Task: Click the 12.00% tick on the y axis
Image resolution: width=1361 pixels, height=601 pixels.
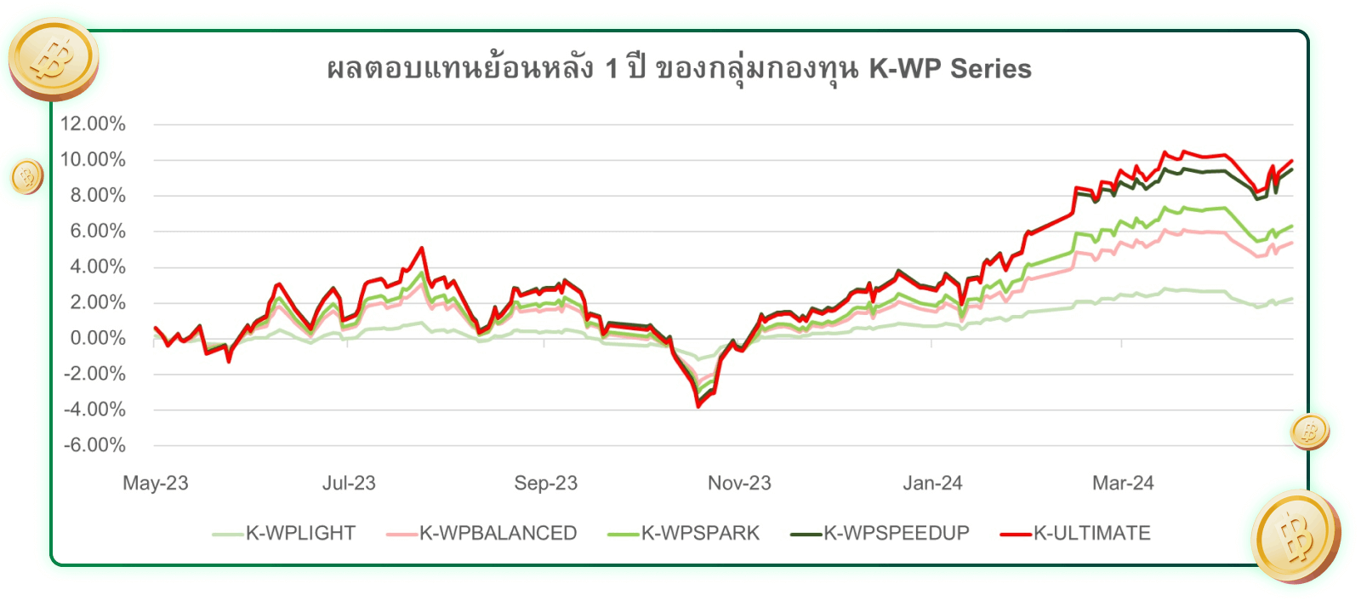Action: tap(93, 124)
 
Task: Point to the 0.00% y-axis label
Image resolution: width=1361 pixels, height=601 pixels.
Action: tap(98, 339)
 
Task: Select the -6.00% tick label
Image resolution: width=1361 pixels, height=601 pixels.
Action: tap(94, 445)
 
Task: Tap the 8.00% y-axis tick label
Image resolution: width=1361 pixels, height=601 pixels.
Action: tap(98, 196)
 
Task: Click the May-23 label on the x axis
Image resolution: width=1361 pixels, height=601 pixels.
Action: tap(156, 484)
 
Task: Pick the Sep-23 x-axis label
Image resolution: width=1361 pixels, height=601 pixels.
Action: tap(545, 484)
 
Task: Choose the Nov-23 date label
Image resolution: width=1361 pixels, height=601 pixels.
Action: tap(739, 484)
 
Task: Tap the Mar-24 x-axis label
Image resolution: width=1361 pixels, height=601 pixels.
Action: tap(1123, 484)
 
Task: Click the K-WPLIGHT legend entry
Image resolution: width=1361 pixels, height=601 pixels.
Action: tap(300, 534)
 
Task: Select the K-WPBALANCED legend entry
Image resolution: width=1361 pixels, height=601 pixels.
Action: tap(498, 534)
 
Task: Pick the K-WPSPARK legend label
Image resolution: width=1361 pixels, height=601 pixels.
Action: tap(700, 534)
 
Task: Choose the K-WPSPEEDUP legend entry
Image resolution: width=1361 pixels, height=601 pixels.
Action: tap(896, 534)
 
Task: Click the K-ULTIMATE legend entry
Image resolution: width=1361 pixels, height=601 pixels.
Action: tap(1091, 534)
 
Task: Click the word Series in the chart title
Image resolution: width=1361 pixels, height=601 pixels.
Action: tap(991, 69)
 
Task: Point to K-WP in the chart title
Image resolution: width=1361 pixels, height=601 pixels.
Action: tap(905, 69)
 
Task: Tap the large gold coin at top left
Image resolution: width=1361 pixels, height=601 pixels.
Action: tap(54, 59)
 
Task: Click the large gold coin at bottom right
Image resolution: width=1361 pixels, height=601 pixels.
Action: tap(1296, 536)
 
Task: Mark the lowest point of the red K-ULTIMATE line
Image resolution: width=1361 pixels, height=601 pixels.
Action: tap(699, 406)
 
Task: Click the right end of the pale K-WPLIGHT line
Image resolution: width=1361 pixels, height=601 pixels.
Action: tap(1292, 299)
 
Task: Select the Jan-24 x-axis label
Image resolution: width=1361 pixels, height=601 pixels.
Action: tap(932, 484)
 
